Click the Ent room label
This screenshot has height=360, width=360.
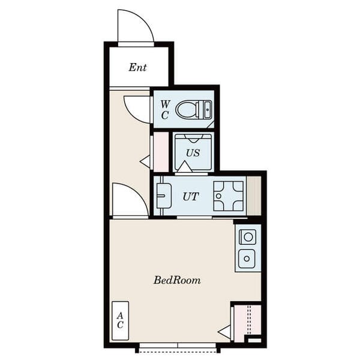tap(137, 67)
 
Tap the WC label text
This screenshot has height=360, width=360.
tap(165, 110)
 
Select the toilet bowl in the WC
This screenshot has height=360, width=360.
tap(186, 110)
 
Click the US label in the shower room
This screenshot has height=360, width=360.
tap(193, 153)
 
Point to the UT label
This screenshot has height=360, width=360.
tap(191, 196)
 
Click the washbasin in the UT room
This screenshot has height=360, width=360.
tap(164, 196)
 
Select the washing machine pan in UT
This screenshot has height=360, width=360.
tap(229, 196)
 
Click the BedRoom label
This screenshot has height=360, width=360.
tap(177, 280)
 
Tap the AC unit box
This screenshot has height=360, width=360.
tap(120, 320)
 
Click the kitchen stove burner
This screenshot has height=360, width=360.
tap(248, 237)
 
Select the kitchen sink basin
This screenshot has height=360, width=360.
tap(247, 259)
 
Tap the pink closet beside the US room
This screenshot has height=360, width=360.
tap(161, 152)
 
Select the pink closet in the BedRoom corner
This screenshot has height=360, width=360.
tap(247, 323)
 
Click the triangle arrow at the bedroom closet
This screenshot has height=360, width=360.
tap(224, 332)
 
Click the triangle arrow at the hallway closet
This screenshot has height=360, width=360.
tap(145, 161)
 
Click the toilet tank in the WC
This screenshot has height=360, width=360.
tap(205, 110)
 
